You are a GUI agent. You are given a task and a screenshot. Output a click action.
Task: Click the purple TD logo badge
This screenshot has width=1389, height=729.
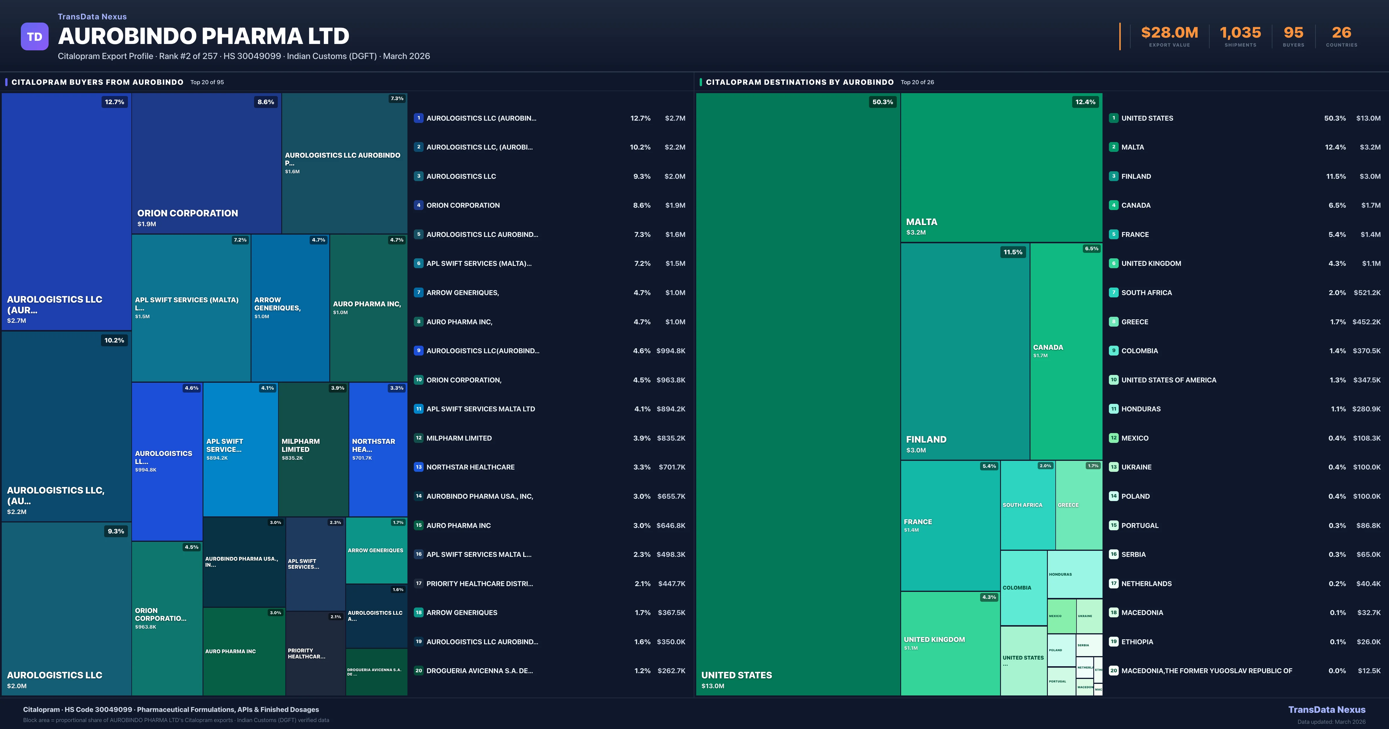coord(34,37)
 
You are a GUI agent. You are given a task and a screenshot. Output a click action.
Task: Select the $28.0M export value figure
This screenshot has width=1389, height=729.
coord(1169,33)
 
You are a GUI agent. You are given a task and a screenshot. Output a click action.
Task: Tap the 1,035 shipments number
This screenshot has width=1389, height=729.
coord(1240,33)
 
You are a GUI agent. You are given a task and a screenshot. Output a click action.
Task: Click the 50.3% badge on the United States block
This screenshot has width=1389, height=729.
coord(882,102)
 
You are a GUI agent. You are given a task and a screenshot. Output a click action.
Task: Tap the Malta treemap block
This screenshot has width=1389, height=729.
coord(1001,167)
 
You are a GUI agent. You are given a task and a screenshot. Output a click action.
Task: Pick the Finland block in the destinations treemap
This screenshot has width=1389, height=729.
coord(965,351)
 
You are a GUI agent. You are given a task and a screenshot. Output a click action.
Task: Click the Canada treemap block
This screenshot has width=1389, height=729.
coord(1065,351)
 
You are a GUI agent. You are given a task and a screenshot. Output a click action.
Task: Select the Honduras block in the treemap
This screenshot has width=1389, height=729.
coord(1074,574)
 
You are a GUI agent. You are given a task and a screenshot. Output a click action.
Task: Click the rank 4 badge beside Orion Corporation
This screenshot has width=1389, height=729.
coord(418,205)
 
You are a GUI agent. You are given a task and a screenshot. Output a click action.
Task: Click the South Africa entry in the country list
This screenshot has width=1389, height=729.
coord(1146,293)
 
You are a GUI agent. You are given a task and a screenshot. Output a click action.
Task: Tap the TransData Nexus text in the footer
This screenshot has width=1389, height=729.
coord(1326,710)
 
